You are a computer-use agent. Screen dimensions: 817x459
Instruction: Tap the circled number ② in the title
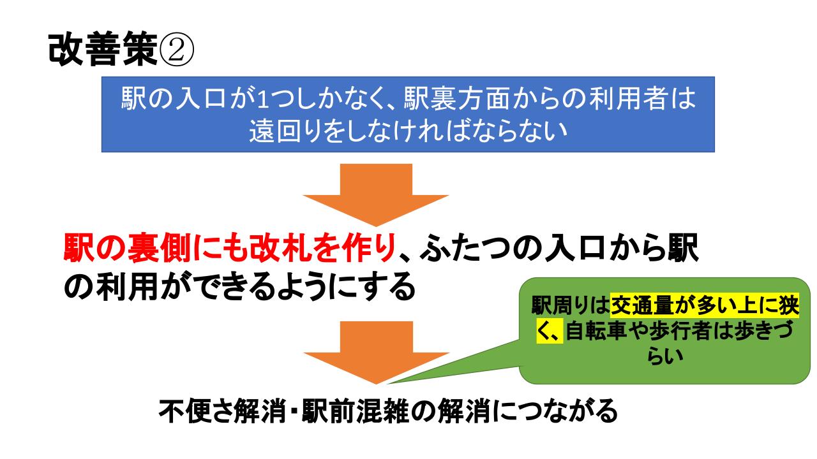click(177, 50)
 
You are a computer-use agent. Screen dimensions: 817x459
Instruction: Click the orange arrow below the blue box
click(376, 195)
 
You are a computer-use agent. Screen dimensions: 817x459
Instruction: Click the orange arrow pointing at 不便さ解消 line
click(376, 353)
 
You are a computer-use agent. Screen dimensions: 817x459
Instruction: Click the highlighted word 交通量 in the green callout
click(641, 305)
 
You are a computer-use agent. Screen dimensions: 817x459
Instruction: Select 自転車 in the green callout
click(596, 331)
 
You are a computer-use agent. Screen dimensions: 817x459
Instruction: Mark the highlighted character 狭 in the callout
click(788, 305)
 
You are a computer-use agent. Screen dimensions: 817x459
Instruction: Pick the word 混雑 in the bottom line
click(382, 411)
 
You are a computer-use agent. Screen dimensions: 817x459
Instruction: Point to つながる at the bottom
click(566, 411)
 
